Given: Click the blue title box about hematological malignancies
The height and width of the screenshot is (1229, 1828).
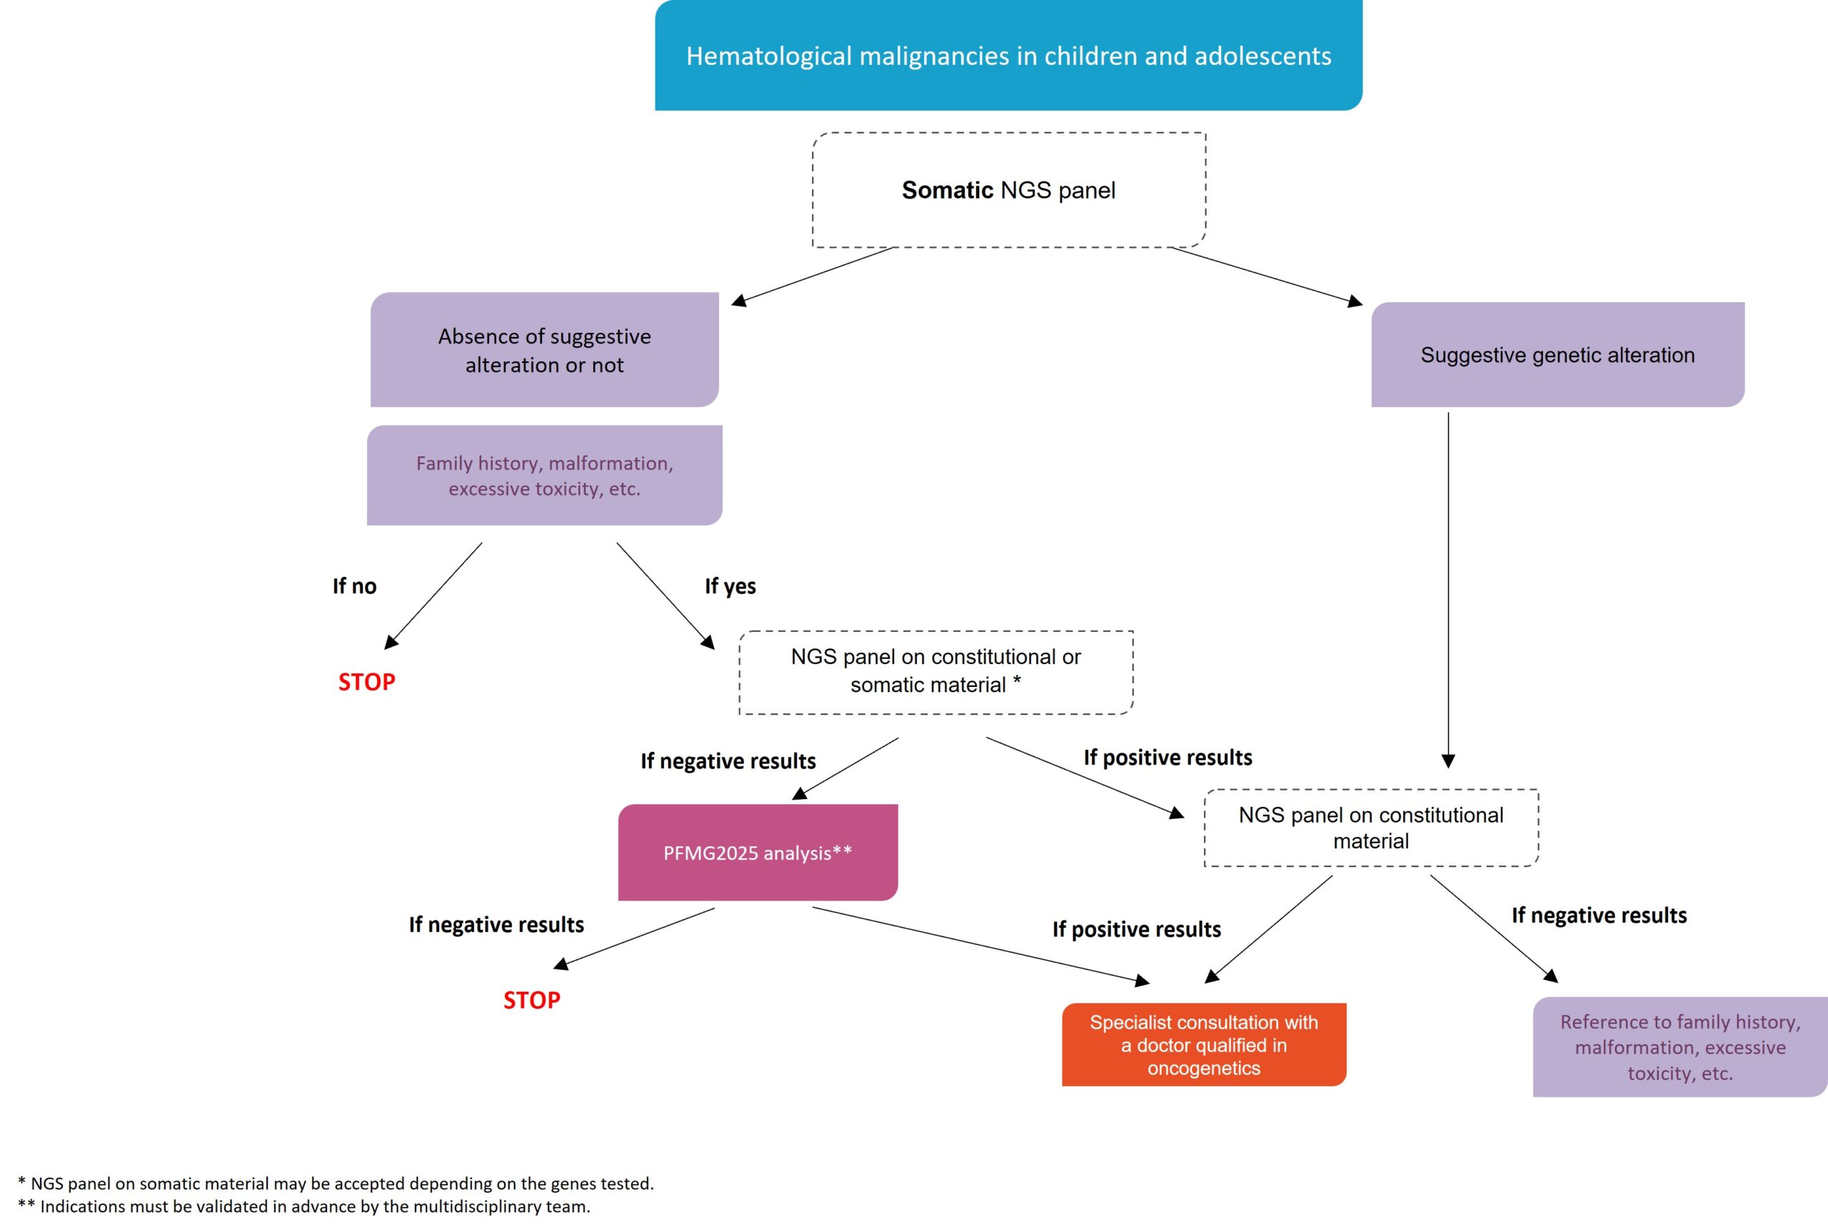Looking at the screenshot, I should pyautogui.click(x=1008, y=56).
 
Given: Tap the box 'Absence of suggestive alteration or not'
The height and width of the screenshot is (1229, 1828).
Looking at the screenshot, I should pyautogui.click(x=545, y=351).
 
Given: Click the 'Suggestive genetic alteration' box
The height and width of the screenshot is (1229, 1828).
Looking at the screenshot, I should pyautogui.click(x=1557, y=355).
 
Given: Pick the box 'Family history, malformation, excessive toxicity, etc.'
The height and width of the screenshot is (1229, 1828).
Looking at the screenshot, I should pyautogui.click(x=545, y=476).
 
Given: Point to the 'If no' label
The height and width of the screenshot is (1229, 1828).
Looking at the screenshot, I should pyautogui.click(x=354, y=586).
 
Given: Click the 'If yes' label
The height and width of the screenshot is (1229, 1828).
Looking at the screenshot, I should pyautogui.click(x=730, y=586).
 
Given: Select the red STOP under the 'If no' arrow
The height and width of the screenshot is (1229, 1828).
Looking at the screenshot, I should pyautogui.click(x=367, y=682).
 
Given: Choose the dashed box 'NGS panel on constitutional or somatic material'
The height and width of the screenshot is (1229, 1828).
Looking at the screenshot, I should pyautogui.click(x=935, y=672).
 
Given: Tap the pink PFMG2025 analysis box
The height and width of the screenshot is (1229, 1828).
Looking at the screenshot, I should pyautogui.click(x=758, y=853).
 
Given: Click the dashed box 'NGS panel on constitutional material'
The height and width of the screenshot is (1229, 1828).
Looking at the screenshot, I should pyautogui.click(x=1371, y=828).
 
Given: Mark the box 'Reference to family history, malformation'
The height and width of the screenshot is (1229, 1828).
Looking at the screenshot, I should pyautogui.click(x=1680, y=1047).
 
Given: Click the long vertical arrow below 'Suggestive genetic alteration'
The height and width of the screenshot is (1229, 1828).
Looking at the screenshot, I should pyautogui.click(x=1448, y=588).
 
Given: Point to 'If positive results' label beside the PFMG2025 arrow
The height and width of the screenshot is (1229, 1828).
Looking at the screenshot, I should pyautogui.click(x=1136, y=930).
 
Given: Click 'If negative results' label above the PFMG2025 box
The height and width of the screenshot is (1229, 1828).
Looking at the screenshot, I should pyautogui.click(x=728, y=761).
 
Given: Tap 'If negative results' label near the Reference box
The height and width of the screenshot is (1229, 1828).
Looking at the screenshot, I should pyautogui.click(x=1598, y=916).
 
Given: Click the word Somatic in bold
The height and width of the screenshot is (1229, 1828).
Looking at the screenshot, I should pyautogui.click(x=948, y=191).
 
